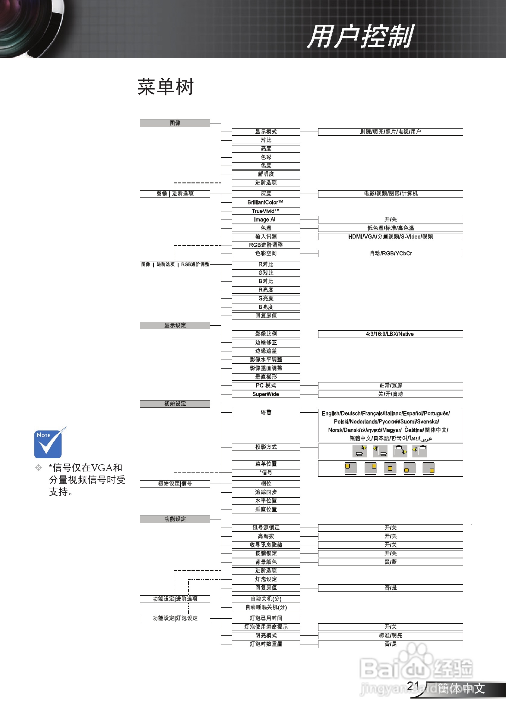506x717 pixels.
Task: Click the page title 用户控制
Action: [x=360, y=37]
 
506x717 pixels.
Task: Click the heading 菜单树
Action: [x=166, y=87]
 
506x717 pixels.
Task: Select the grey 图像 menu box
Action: [x=175, y=123]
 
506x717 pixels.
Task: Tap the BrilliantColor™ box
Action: [x=265, y=202]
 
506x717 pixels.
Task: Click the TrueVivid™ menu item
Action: [x=265, y=211]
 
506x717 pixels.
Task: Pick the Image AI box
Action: [x=265, y=220]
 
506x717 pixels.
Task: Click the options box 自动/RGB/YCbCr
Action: [x=390, y=253]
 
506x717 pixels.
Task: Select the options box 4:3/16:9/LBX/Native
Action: [x=390, y=334]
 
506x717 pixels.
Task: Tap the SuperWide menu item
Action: [x=265, y=394]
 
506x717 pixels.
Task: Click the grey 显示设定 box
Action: [x=175, y=326]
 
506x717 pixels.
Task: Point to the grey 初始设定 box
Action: [x=175, y=404]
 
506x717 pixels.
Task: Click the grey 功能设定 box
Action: [x=175, y=519]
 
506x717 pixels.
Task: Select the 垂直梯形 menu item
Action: [x=265, y=377]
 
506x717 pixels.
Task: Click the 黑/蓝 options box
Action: [x=390, y=562]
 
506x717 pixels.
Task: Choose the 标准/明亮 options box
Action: [x=390, y=635]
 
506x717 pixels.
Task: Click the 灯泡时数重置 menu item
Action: [x=265, y=644]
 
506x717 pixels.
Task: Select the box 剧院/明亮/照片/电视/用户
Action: [x=390, y=132]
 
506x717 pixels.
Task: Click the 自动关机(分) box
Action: [x=265, y=599]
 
